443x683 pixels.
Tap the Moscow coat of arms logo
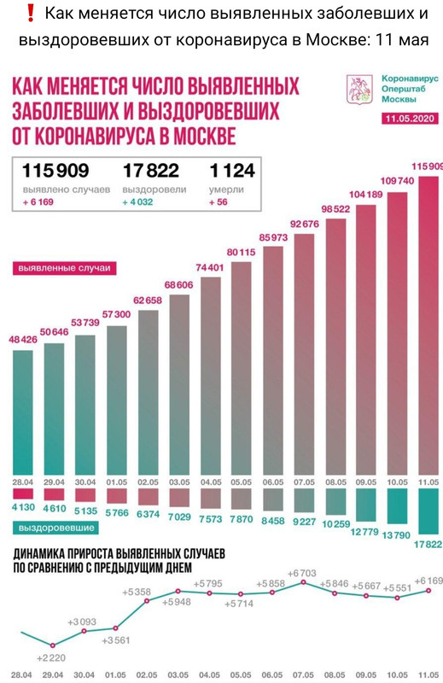click(358, 90)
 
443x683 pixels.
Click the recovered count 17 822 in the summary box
click(150, 172)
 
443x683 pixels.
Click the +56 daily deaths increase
click(218, 202)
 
